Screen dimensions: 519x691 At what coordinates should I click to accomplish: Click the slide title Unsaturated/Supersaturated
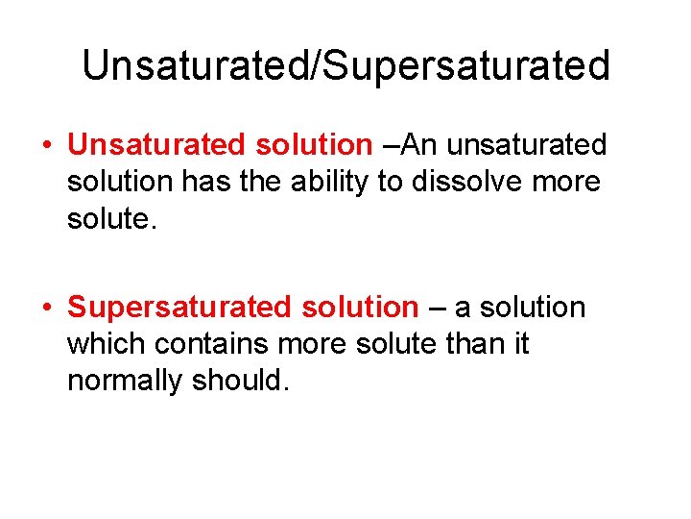pyautogui.click(x=345, y=65)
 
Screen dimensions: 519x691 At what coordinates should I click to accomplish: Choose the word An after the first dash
pyautogui.click(x=419, y=144)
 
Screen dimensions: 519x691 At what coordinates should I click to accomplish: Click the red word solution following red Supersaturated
pyautogui.click(x=360, y=308)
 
